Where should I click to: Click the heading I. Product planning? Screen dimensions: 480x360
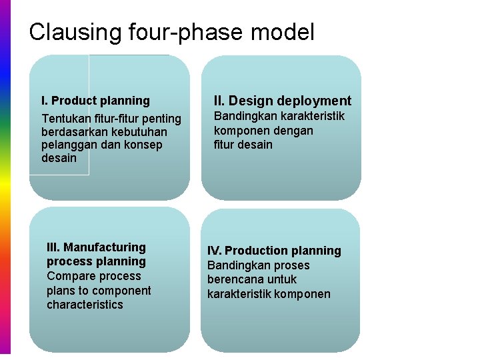[x=95, y=101]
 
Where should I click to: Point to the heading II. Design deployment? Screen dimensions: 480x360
[x=282, y=101]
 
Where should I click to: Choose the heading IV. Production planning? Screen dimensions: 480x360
[x=274, y=251]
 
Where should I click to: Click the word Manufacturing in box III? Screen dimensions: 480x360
[x=104, y=247]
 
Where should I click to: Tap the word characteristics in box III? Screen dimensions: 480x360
[x=85, y=305]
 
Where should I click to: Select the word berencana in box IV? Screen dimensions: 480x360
[x=237, y=279]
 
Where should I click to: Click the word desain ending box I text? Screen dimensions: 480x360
[x=59, y=158]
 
